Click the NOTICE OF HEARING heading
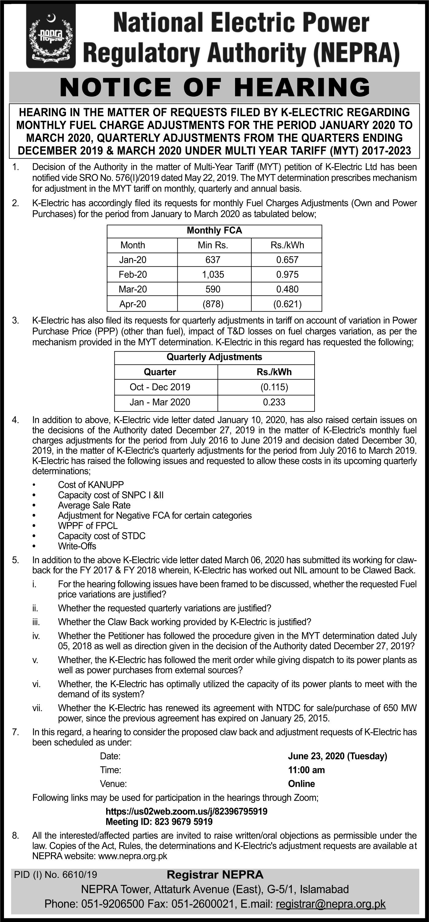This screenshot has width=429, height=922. (x=214, y=87)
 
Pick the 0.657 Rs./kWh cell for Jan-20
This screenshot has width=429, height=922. (x=287, y=260)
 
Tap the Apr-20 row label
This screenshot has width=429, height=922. (x=133, y=304)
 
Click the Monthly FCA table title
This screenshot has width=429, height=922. (x=214, y=231)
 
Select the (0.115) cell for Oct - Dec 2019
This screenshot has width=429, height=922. (x=274, y=387)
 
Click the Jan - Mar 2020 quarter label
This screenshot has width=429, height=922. (x=160, y=402)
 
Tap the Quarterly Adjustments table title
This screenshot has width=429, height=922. (x=214, y=357)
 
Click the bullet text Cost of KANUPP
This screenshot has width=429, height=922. (x=91, y=485)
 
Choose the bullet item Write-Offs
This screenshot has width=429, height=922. (x=77, y=546)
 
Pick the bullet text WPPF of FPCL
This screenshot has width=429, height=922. (x=88, y=526)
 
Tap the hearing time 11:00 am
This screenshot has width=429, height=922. (x=306, y=770)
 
